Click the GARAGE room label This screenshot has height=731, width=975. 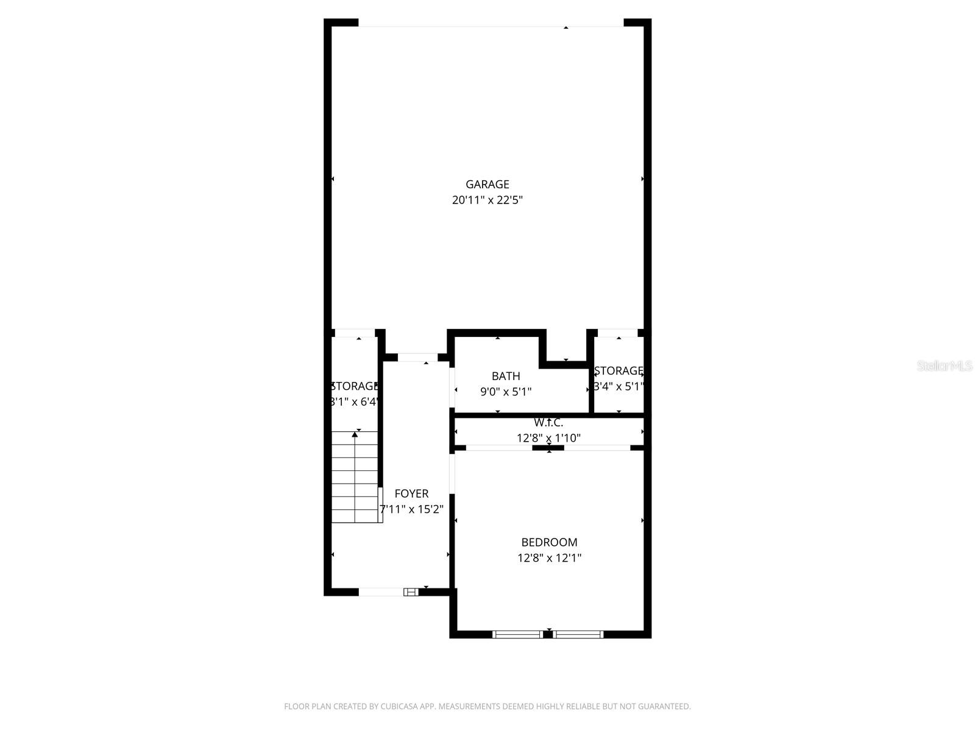coord(487,184)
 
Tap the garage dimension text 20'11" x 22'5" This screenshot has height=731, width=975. coord(487,200)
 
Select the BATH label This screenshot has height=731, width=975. coord(506,376)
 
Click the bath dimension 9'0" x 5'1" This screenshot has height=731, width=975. coord(506,392)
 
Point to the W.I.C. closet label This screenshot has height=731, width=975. coord(548,422)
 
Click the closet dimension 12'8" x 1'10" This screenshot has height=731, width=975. coord(548,437)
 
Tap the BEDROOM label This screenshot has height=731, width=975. coord(549,542)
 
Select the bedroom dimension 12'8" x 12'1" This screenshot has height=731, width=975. coord(549,557)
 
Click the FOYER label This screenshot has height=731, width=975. coord(411,493)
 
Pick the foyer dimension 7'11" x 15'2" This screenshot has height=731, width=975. coord(411,509)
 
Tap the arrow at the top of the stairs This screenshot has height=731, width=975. coord(355,434)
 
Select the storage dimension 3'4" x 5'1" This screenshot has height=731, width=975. coord(619,386)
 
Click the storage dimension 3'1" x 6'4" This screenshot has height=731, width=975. coord(355,401)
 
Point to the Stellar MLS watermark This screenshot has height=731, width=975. coord(944,365)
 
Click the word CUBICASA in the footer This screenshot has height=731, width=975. coord(399,707)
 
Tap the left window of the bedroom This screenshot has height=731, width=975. coord(517,634)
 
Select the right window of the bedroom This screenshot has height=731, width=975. coord(578,634)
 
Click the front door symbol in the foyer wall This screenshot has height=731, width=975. coord(411,592)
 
